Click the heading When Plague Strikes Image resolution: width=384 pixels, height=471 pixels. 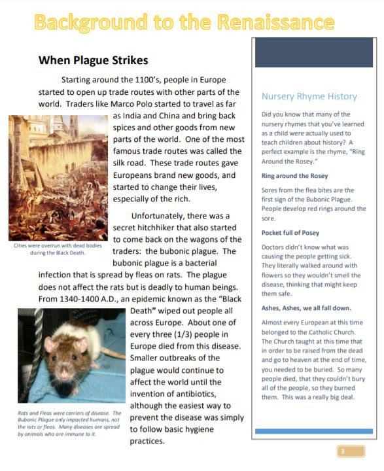(x=94, y=61)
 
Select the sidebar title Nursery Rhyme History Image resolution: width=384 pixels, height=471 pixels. (x=309, y=96)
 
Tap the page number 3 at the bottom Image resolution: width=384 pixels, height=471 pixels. (x=341, y=451)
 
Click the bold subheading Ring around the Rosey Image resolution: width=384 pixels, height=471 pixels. (x=294, y=176)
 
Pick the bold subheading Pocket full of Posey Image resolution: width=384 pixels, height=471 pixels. (x=291, y=232)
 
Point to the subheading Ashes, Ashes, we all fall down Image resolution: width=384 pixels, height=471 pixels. (x=305, y=307)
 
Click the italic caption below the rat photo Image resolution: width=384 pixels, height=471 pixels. (x=69, y=423)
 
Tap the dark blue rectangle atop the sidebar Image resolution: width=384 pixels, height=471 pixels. (x=313, y=52)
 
